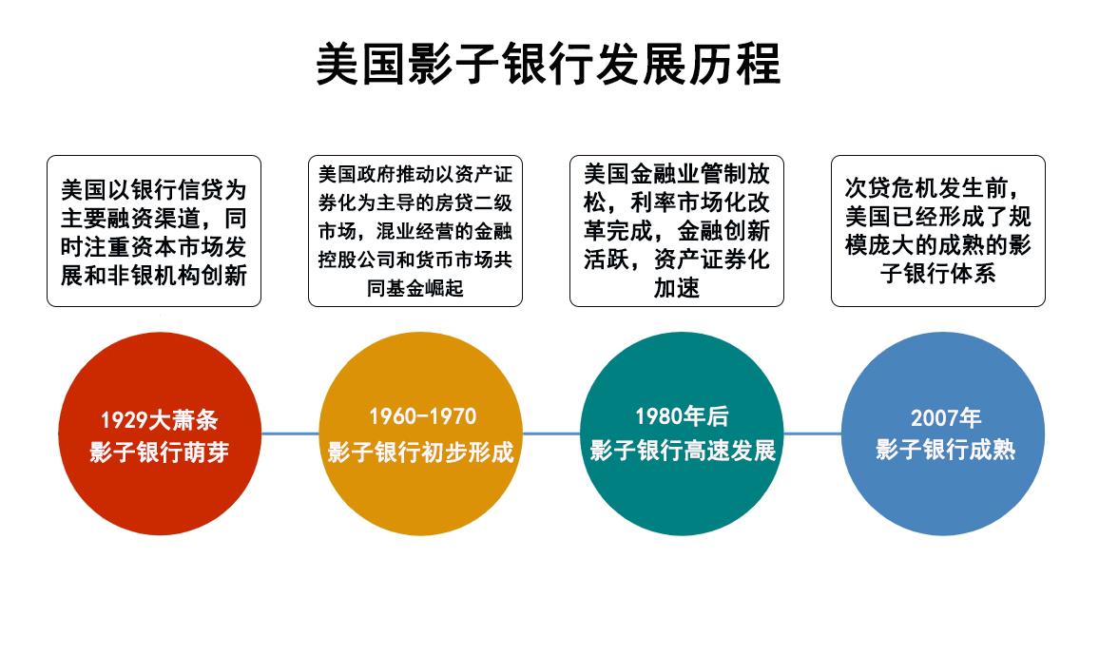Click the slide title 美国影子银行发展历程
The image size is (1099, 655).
click(549, 65)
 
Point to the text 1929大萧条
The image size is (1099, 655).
click(159, 420)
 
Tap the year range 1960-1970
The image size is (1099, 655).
click(421, 416)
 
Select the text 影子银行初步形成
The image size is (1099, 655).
click(421, 452)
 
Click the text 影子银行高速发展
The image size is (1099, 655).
click(683, 450)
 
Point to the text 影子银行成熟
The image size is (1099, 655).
click(944, 450)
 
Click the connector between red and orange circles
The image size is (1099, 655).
click(289, 433)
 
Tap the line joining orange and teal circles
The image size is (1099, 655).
click(550, 433)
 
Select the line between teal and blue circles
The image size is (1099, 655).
click(813, 433)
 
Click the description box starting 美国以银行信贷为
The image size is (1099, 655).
click(154, 231)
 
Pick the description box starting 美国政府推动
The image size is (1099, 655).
click(415, 231)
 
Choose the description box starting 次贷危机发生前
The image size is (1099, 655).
click(938, 231)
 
